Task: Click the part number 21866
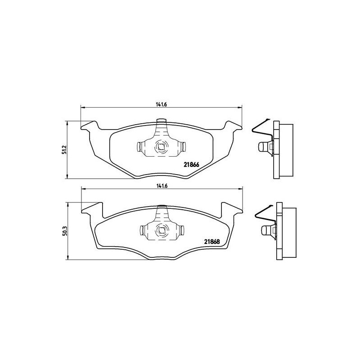pyautogui.click(x=191, y=165)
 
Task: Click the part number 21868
pyautogui.click(x=212, y=242)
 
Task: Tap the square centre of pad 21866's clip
pyautogui.click(x=161, y=146)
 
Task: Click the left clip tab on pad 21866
pyautogui.click(x=139, y=147)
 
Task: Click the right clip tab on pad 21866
pyautogui.click(x=183, y=147)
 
